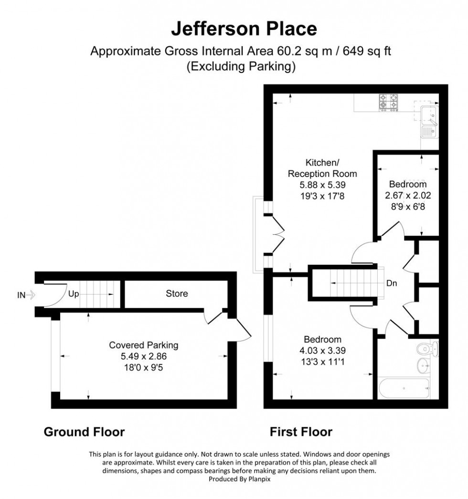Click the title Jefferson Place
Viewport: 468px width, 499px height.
point(244,29)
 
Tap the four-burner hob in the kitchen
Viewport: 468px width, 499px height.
point(388,103)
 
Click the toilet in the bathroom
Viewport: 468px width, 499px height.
point(426,350)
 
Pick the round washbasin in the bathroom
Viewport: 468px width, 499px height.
point(423,366)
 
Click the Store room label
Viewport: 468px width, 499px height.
point(177,293)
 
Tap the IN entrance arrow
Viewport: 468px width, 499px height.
point(26,295)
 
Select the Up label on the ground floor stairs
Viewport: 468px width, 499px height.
point(73,294)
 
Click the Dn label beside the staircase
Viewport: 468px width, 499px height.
point(392,283)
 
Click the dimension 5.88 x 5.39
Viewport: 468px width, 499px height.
point(320,184)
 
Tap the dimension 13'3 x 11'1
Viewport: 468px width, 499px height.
point(323,361)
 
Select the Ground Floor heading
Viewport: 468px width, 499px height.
point(84,432)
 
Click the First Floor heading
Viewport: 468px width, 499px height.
point(301,432)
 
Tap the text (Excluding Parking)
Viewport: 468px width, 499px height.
point(241,67)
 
